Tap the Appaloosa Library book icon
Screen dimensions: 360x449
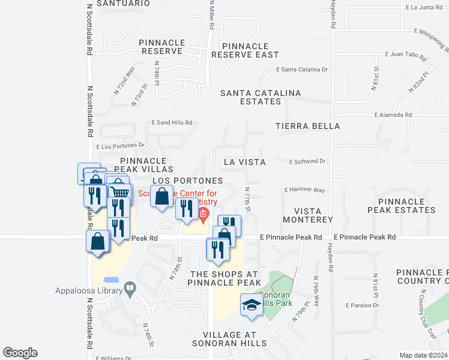[x=130, y=290]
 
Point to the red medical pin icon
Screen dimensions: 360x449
[x=203, y=214]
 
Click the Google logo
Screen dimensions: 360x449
[x=20, y=353]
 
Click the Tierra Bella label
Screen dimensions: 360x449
[x=308, y=126]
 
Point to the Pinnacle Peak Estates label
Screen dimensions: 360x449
[x=402, y=205]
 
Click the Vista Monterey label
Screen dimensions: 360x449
[x=313, y=215]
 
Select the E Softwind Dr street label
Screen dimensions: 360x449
[x=307, y=161]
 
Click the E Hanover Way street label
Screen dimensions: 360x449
[x=304, y=190]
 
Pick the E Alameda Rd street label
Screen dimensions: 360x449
[x=393, y=115]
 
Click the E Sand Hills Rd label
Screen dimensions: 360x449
[x=172, y=122]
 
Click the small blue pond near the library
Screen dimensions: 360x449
[x=111, y=280]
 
